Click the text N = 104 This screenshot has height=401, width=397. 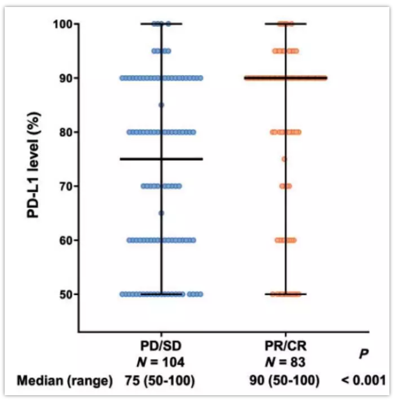[161, 363]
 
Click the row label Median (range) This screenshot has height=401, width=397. [64, 381]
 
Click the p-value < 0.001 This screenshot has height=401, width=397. [364, 381]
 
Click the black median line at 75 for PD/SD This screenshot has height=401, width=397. [140, 159]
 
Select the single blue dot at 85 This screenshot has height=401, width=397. [161, 105]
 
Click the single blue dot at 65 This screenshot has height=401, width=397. [161, 213]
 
